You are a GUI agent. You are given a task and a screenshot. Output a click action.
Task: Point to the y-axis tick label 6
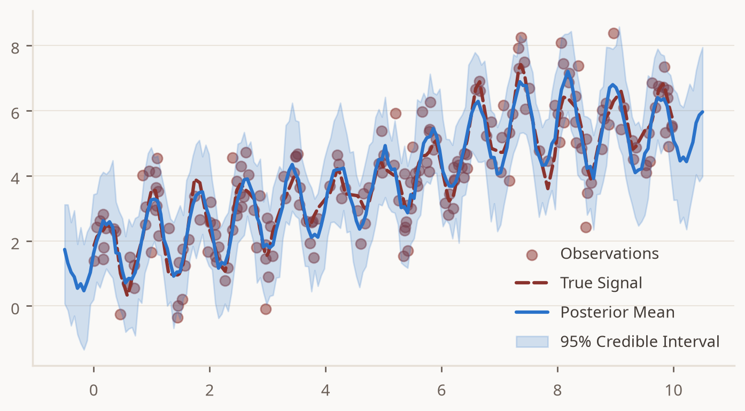[15, 114]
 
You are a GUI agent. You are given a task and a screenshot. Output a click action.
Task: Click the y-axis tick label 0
[15, 309]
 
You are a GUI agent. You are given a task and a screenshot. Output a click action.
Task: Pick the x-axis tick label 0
[94, 390]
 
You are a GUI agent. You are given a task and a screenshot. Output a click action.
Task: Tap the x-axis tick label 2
[209, 390]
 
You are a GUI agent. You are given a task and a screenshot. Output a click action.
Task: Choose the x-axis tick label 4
[325, 390]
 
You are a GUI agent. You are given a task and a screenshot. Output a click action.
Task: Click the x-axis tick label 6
[441, 390]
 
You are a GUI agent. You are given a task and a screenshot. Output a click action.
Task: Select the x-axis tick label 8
[557, 390]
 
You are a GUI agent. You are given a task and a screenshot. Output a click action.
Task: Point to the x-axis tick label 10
[673, 390]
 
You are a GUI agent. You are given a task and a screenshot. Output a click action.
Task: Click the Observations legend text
[609, 254]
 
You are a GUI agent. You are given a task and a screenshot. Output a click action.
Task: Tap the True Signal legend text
[601, 283]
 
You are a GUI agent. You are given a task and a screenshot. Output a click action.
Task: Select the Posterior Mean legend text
[617, 312]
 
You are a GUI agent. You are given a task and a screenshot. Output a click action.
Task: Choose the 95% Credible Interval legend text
[640, 342]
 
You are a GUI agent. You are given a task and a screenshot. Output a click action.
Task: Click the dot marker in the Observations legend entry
[532, 255]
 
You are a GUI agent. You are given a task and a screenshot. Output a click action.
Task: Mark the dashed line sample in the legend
[532, 283]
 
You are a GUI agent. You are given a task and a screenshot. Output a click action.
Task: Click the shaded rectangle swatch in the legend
[532, 342]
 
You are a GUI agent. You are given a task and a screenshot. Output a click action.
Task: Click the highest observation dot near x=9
[614, 33]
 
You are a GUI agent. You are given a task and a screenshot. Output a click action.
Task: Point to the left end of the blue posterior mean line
[65, 249]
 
